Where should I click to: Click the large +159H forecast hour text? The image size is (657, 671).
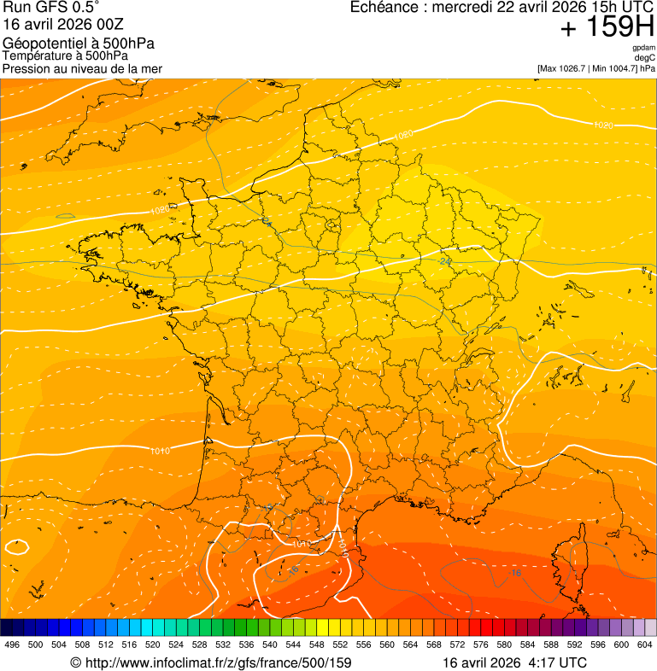coord(607,28)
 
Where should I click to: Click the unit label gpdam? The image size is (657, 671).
coord(643,48)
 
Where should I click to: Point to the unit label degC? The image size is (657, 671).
coord(645,57)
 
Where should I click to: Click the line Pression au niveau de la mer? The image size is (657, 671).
coord(82,68)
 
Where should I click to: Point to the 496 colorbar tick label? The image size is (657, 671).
coord(12,645)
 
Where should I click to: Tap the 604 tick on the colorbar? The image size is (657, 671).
coord(645,645)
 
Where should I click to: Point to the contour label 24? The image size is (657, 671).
coord(445,260)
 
